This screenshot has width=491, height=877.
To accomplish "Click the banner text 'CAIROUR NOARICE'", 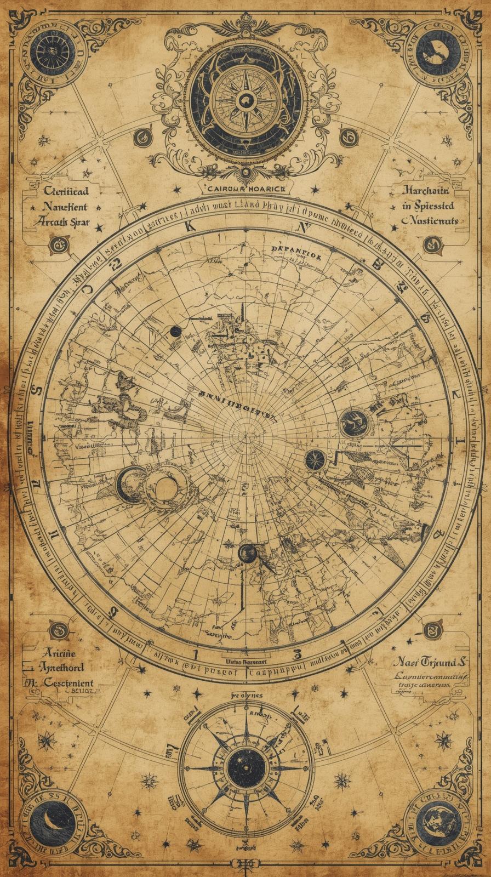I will pos(245,188).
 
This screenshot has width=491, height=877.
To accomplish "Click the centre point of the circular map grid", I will pos(245,427).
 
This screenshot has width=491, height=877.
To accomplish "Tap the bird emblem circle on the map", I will pos(353,423).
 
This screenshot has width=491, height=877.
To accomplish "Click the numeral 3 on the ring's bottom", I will pos(298,653).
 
